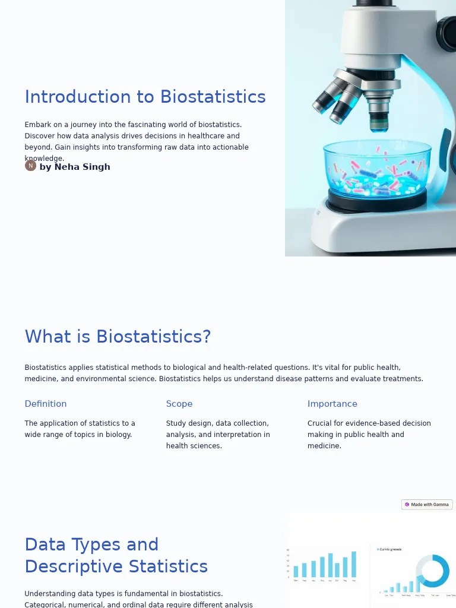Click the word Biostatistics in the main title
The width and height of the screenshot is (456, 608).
(x=213, y=97)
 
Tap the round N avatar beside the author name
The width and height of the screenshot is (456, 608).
(x=30, y=166)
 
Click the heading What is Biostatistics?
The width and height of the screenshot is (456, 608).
(x=118, y=337)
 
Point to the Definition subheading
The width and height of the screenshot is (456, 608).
(x=46, y=404)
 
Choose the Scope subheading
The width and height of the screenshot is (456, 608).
(x=179, y=404)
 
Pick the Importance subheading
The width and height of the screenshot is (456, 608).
(x=332, y=404)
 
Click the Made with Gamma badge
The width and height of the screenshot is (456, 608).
(x=427, y=505)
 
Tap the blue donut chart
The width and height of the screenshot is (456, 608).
(x=432, y=571)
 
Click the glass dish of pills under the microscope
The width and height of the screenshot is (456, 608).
(x=377, y=172)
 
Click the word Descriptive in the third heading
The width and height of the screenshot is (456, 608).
(x=65, y=566)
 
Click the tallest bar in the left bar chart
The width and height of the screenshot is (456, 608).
(x=354, y=565)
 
